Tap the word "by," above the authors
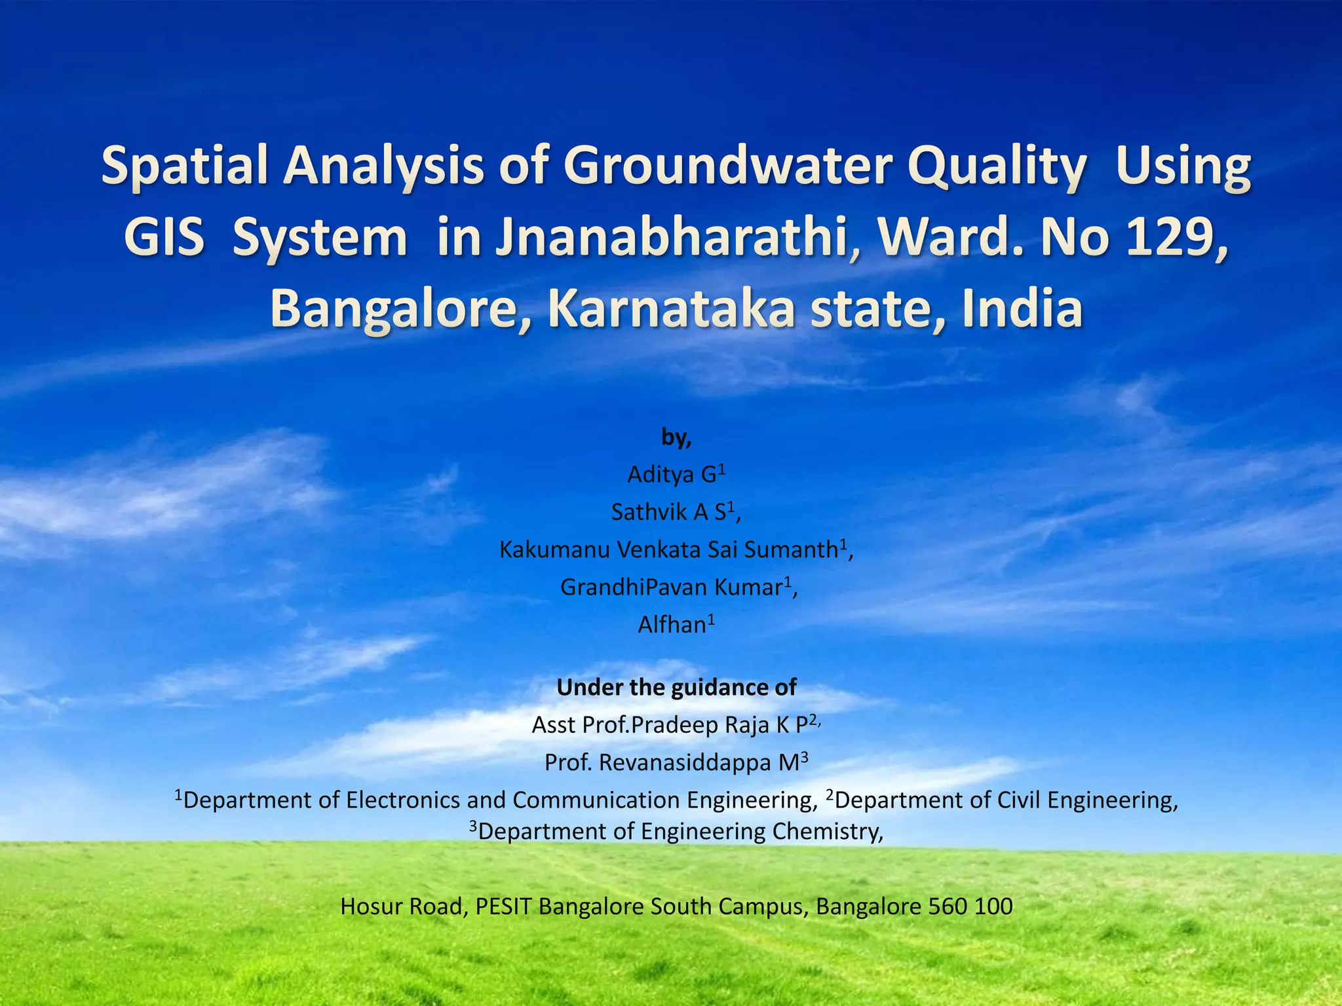pyautogui.click(x=676, y=437)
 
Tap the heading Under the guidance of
pyautogui.click(x=676, y=687)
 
